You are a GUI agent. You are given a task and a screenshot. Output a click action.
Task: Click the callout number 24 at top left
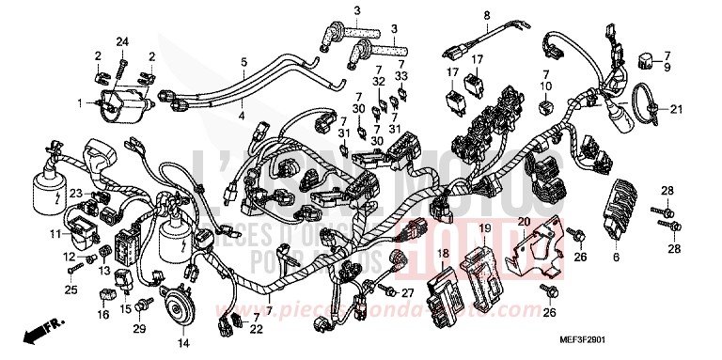pos(120,40)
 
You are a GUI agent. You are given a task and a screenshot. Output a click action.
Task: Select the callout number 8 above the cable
pos(487,14)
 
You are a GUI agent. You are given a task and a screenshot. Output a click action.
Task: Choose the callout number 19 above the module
pos(484,228)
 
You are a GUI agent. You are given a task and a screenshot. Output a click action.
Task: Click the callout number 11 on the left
pos(55,233)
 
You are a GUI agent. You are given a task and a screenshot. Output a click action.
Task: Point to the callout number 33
pos(402,75)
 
